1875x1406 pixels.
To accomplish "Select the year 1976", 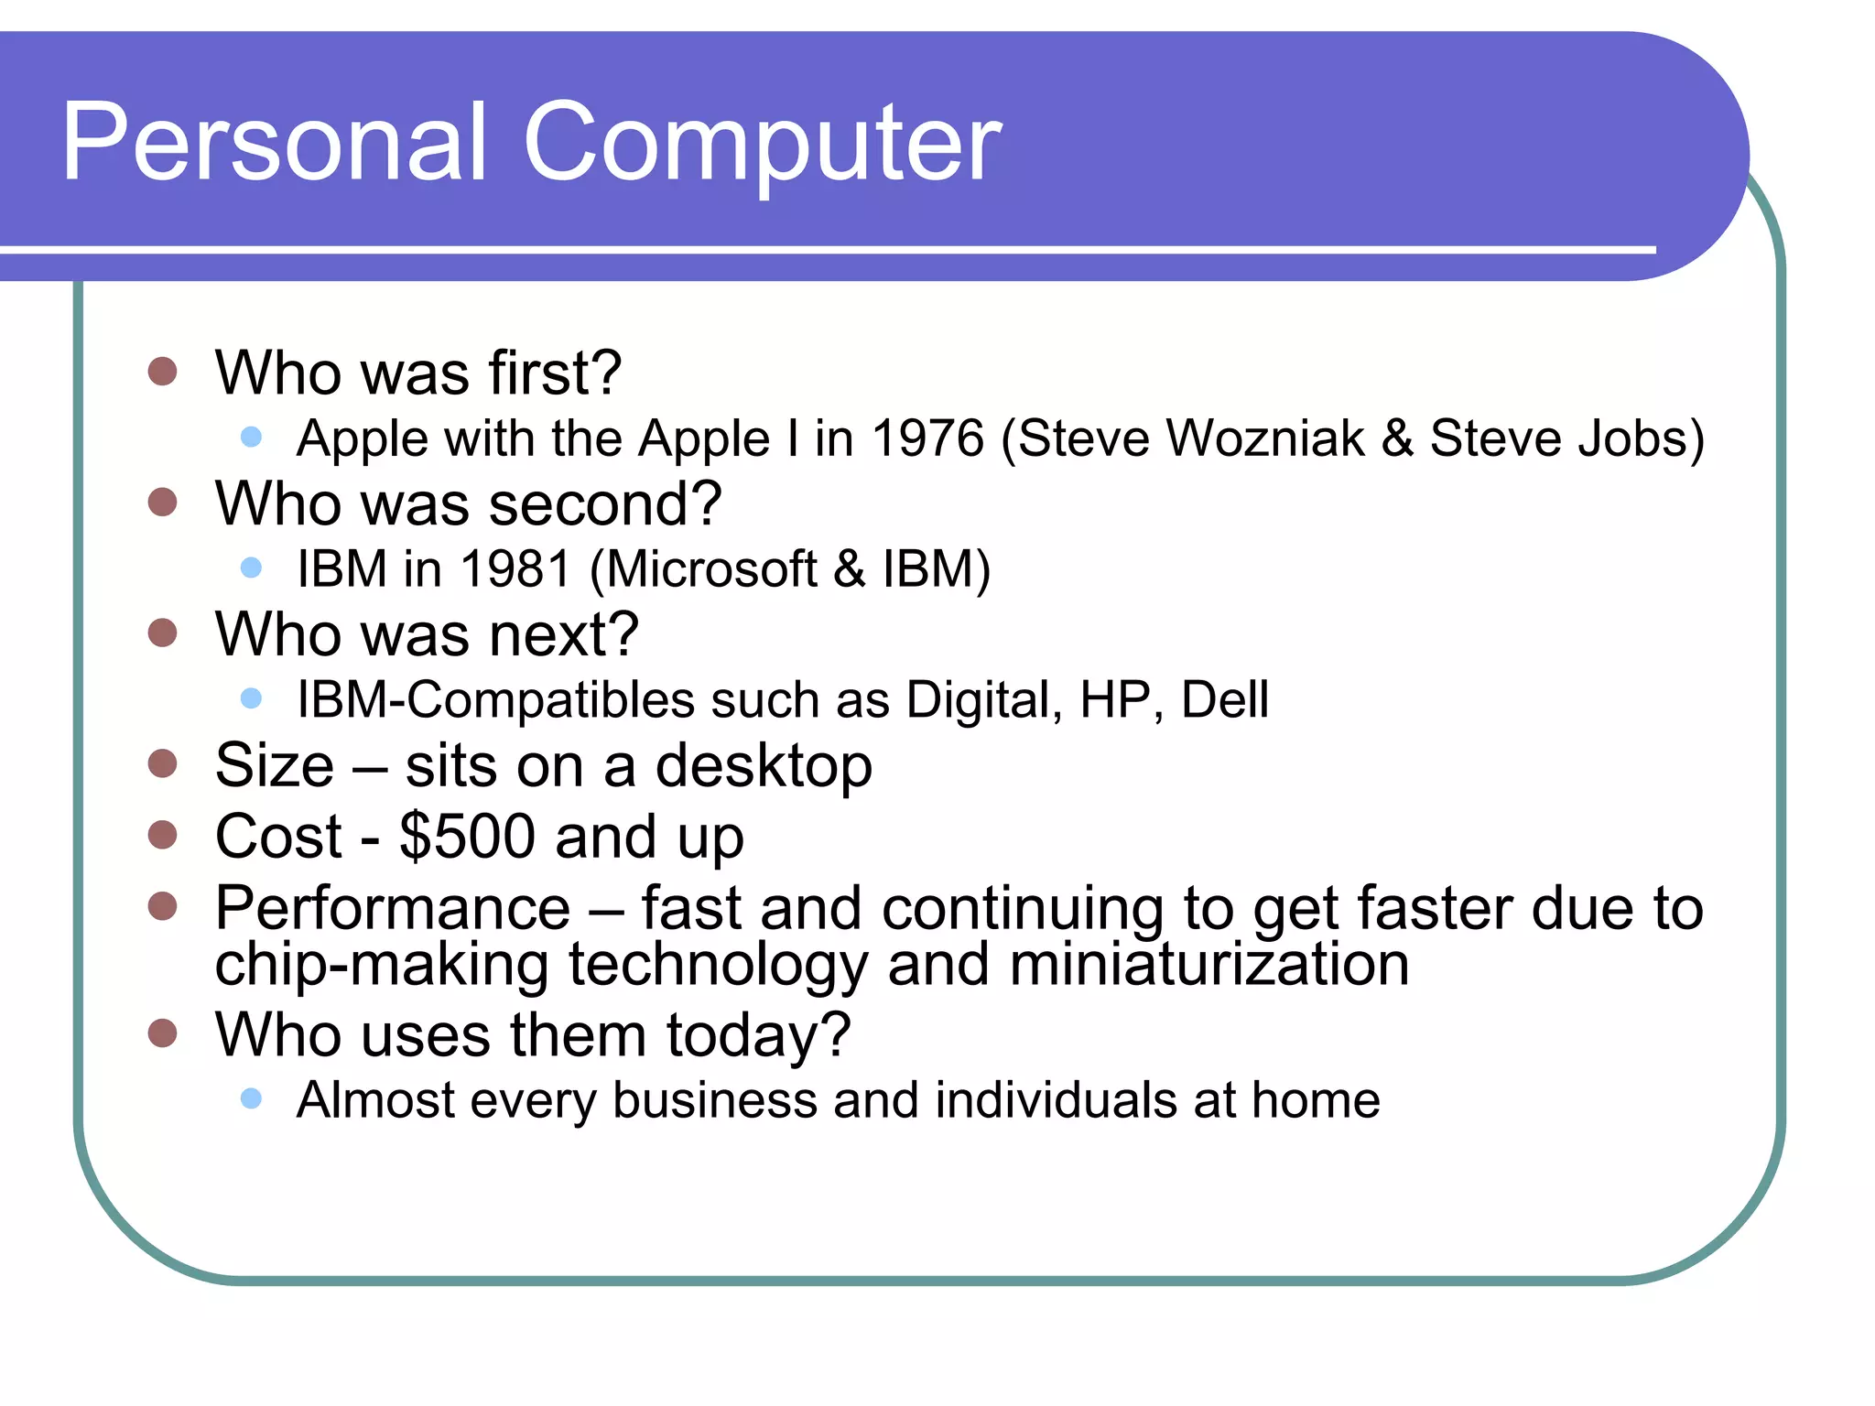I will click(x=927, y=438).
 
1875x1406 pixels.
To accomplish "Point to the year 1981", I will click(x=516, y=569).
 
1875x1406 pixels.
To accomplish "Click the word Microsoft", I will click(x=711, y=569).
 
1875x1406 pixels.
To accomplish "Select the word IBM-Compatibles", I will click(x=495, y=700).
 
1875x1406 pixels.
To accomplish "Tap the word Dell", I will click(x=1224, y=700).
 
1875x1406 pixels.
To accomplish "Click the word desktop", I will click(x=764, y=767).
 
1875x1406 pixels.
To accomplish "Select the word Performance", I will click(x=392, y=909).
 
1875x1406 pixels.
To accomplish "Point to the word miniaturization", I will click(x=1208, y=965).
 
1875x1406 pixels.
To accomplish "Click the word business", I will click(x=714, y=1100).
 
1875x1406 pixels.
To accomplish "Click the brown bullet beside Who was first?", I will click(x=162, y=372).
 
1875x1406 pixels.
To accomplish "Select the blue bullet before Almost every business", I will click(x=251, y=1098).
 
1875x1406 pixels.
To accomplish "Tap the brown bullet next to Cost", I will click(x=162, y=835).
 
